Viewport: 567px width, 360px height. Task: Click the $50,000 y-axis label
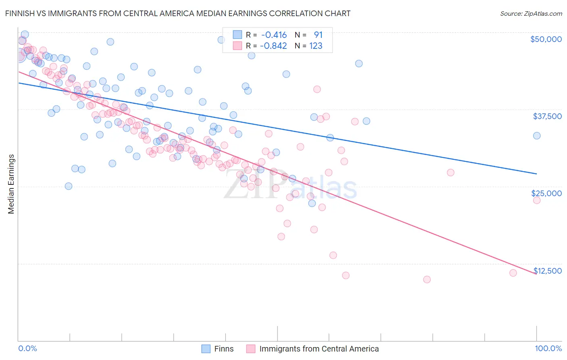[x=546, y=39]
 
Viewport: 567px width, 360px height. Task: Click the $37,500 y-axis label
[x=547, y=116]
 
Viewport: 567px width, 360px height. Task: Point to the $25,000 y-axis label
[x=546, y=193]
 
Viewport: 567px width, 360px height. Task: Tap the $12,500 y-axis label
[x=548, y=271]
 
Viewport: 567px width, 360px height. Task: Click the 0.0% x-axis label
[x=27, y=349]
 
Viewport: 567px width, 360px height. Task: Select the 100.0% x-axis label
[x=548, y=349]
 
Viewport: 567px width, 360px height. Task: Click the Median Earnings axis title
[x=11, y=184]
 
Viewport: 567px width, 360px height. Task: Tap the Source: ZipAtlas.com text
[x=531, y=13]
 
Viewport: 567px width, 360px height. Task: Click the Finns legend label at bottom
[x=224, y=349]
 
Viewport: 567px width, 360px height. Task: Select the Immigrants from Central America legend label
[x=319, y=349]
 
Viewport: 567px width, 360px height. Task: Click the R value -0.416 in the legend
[x=274, y=35]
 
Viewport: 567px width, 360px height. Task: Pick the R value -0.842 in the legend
[x=273, y=46]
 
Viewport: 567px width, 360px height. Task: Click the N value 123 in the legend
[x=316, y=46]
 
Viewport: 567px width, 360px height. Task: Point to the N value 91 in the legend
[x=318, y=35]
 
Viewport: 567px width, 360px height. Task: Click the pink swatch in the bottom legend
[x=251, y=349]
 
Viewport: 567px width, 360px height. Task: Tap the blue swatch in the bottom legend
[x=206, y=349]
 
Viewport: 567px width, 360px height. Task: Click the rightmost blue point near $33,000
[x=537, y=136]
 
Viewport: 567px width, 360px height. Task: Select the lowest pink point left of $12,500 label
[x=427, y=279]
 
